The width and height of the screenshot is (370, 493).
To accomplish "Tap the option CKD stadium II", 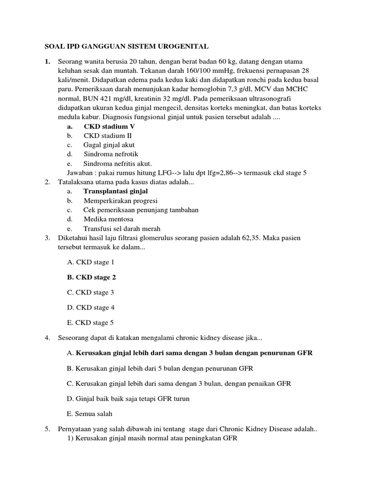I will tap(107, 135).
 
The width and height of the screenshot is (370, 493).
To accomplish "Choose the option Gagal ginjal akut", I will tap(109, 144).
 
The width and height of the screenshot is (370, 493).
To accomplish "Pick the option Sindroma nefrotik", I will tap(111, 154).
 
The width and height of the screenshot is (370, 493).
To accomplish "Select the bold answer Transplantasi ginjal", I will tap(115, 191).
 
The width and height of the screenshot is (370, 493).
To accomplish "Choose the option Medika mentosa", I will tap(108, 219).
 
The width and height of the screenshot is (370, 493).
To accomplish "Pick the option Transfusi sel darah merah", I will tap(122, 229).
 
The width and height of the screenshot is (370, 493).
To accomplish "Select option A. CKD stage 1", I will tap(91, 262).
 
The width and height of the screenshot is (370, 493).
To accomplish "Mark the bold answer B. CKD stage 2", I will tap(92, 277).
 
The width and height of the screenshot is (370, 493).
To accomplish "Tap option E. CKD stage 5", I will tap(91, 323).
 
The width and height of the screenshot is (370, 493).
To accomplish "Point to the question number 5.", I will tap(47, 429).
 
